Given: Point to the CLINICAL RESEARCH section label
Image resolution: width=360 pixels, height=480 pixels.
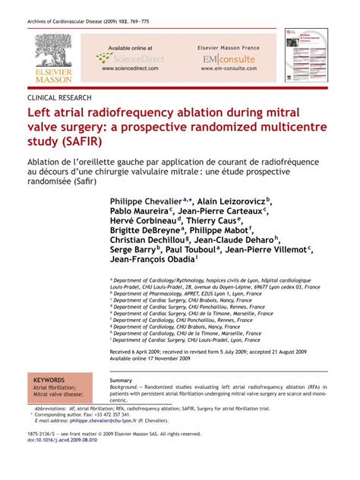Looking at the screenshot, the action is [59, 98].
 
